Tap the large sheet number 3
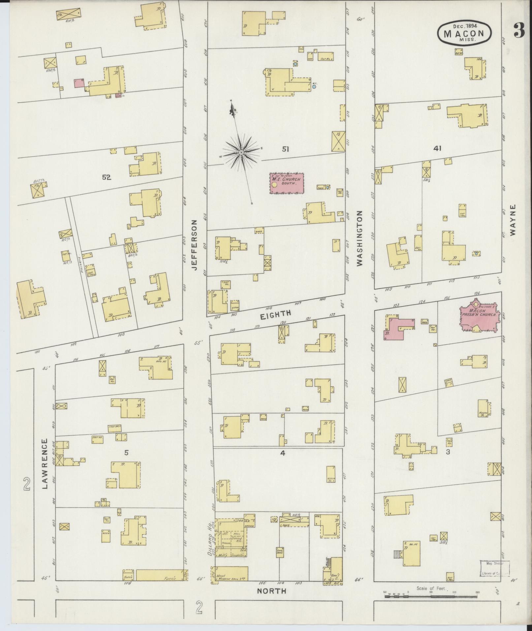coord(519,31)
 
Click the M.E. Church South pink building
coord(287,183)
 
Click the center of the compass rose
coord(241,152)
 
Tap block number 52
coord(106,177)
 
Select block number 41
coord(437,149)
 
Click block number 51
coord(285,149)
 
